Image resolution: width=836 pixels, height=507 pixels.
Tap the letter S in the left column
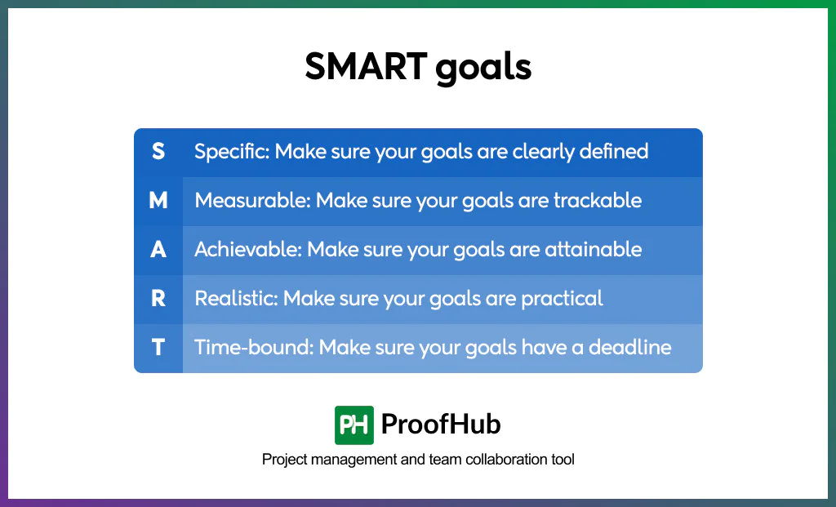tap(158, 152)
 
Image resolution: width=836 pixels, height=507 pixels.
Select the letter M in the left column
tap(158, 201)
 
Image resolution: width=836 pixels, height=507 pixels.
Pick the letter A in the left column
tap(158, 250)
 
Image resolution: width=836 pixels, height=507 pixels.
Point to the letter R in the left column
tap(158, 299)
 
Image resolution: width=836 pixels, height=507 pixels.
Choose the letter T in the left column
tap(158, 348)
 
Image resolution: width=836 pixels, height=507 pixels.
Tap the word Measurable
tap(251, 201)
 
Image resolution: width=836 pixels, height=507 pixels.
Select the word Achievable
tap(247, 250)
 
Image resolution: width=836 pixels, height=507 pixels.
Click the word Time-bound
tap(253, 348)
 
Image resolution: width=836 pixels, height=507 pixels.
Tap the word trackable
tap(598, 201)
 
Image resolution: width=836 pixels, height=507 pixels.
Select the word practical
tap(563, 299)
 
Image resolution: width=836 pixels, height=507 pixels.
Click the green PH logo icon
tap(354, 425)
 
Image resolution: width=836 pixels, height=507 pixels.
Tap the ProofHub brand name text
tap(441, 425)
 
